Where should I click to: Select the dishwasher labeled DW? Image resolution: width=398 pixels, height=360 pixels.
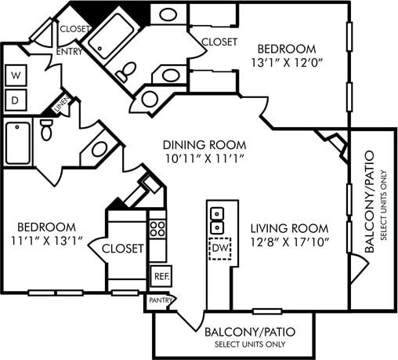point(219,249)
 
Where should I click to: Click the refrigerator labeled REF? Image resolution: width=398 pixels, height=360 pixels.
point(161,277)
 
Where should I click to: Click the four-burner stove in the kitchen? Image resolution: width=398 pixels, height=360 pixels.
point(157,229)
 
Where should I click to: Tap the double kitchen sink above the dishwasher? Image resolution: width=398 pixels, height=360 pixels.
point(219,218)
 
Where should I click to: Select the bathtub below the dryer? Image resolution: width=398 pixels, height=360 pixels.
point(18,143)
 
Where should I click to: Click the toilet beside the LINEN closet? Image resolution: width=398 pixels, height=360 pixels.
point(46,129)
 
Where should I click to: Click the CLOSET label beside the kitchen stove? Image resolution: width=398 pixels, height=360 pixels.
point(123,249)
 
